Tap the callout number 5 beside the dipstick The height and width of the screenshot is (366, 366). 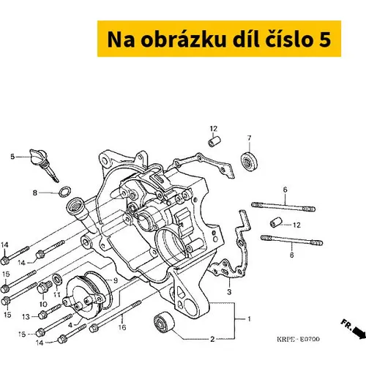point(12,157)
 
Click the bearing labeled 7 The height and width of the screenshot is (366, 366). point(249,161)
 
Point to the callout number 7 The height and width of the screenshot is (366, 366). point(249,138)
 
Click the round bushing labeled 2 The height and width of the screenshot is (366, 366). point(164,321)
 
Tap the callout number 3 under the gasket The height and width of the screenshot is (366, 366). point(229,291)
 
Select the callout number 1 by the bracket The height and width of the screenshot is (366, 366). point(249,319)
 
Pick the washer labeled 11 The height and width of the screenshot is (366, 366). point(57,280)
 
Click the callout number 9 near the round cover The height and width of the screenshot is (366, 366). point(116,280)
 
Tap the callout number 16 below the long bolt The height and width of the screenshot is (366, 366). point(122,327)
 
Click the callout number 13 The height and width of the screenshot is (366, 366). point(26,317)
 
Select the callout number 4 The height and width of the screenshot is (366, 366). point(70,325)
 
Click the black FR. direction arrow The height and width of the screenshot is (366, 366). point(359,333)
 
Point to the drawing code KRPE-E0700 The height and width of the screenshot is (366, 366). point(298,339)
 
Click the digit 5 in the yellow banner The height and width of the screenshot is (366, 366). point(325,40)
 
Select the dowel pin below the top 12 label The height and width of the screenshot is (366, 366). point(214,142)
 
